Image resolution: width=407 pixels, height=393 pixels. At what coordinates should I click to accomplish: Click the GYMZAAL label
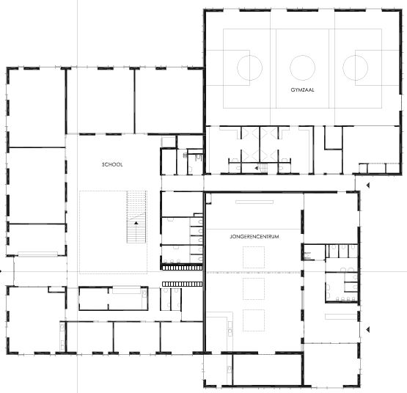coord(302,89)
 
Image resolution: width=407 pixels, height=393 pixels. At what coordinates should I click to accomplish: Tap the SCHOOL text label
coord(112,164)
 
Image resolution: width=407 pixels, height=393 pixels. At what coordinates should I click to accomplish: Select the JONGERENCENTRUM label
coord(254,237)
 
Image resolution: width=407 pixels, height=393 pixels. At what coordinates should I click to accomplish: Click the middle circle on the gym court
coord(302,67)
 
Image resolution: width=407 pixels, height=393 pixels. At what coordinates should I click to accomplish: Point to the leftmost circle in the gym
coord(238,67)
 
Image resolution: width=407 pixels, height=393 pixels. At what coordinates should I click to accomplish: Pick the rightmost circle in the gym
coord(343,67)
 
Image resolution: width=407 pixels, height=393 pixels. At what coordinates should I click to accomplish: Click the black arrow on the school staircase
coord(136,223)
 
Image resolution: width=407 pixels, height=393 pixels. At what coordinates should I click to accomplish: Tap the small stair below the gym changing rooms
coord(263,168)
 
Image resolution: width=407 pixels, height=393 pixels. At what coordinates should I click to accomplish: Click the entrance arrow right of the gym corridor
coord(367,186)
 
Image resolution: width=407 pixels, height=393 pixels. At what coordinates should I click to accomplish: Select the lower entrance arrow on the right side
coord(367,329)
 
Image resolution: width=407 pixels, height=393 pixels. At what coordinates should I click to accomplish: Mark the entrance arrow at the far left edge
coord(1,271)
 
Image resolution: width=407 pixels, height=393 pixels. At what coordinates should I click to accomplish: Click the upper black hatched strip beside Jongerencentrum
coord(182,268)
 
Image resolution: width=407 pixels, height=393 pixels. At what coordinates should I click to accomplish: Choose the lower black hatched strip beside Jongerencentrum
coord(182,284)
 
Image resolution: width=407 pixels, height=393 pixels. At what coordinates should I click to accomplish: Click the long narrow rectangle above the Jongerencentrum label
coord(254,202)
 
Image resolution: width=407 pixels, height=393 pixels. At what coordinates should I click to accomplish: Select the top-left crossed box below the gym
coord(250,133)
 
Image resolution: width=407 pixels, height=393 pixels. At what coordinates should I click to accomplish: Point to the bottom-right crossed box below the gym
coord(269,155)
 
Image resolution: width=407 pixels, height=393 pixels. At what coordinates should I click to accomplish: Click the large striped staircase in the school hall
coord(136,217)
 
